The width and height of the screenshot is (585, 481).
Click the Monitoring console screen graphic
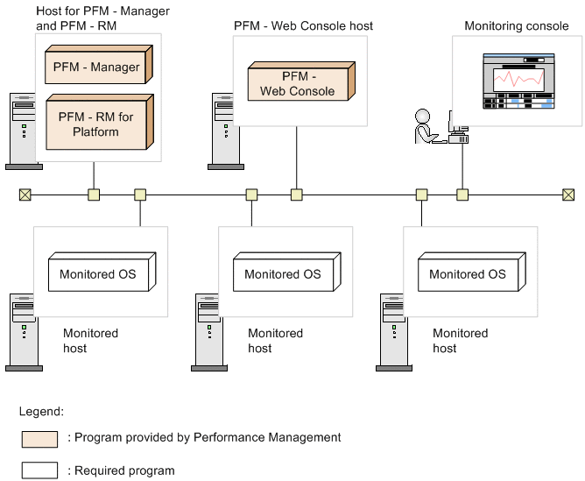pos(520,81)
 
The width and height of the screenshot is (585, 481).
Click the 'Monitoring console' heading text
pos(516,26)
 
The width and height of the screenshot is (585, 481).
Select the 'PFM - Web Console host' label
pos(303,26)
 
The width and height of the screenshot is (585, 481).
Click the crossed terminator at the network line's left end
pos(25,195)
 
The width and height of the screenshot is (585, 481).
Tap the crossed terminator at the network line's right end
pos(568,195)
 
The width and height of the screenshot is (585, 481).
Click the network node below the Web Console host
pos(297,195)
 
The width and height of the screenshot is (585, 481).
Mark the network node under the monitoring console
pos(462,195)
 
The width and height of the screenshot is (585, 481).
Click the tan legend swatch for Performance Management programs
pos(40,438)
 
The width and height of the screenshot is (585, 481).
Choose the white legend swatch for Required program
pos(40,470)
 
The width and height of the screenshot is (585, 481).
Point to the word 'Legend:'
pos(41,410)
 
